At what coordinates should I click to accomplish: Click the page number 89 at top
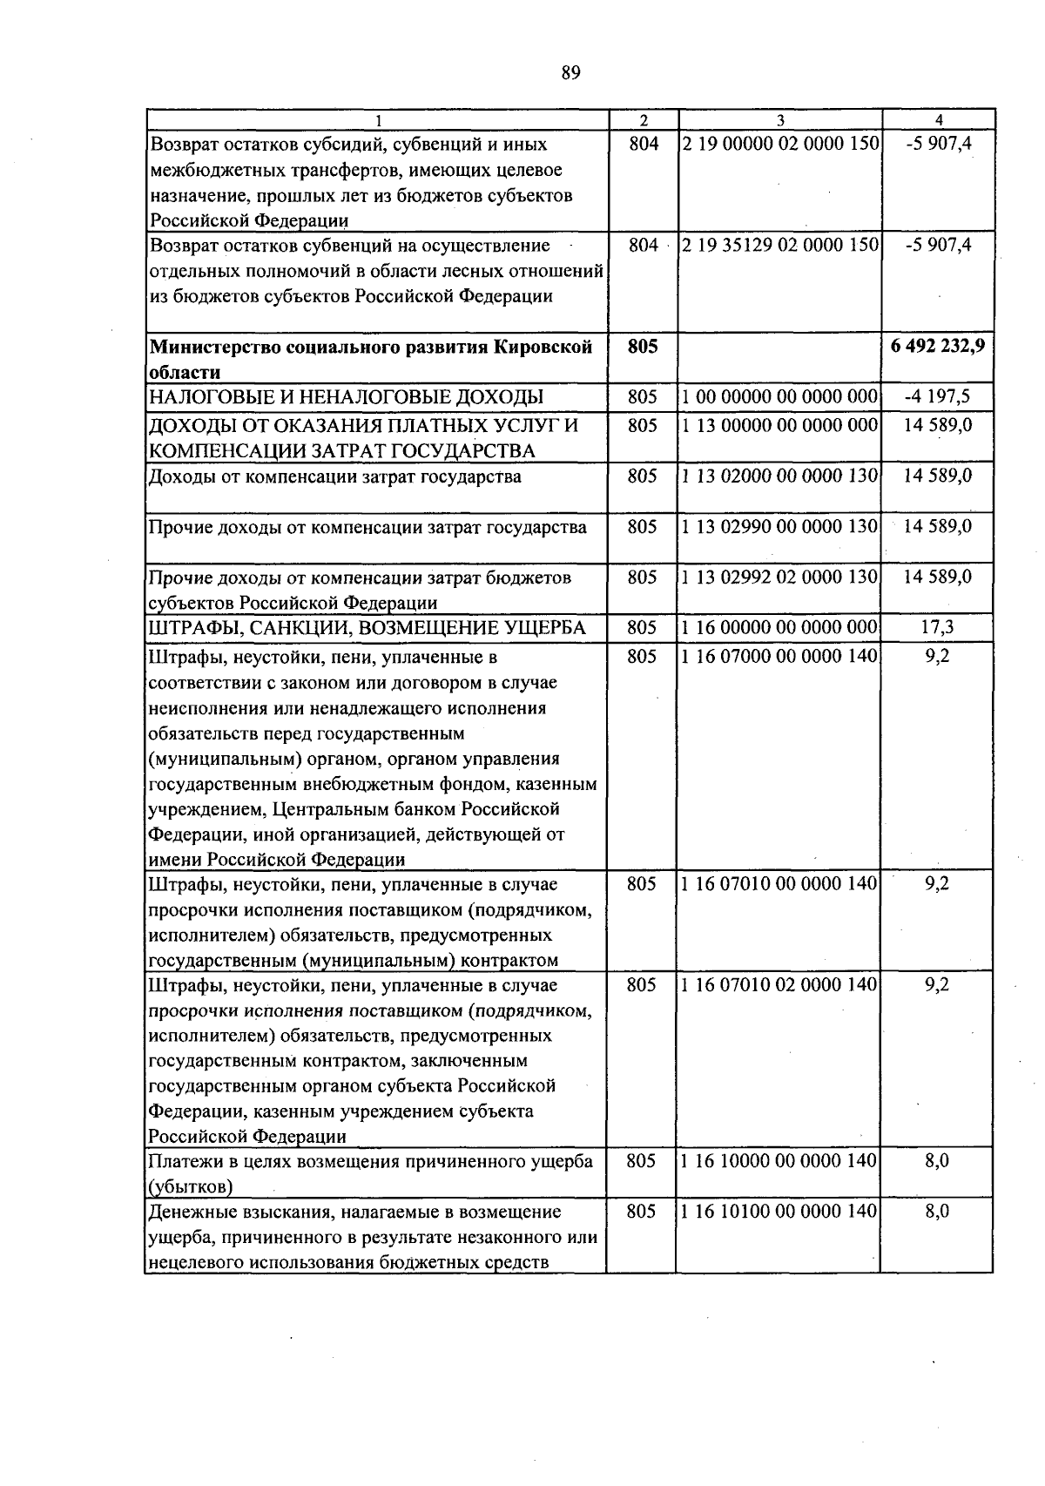point(570,73)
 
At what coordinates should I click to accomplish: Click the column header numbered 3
point(780,121)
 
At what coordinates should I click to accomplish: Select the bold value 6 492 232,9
point(938,346)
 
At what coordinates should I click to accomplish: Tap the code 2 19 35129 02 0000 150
point(780,246)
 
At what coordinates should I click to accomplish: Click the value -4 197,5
point(937,397)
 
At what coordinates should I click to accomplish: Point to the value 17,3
point(937,627)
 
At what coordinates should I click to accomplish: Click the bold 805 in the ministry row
point(643,346)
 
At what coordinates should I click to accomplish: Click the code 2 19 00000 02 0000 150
point(780,144)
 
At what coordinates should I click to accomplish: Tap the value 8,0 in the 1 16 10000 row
point(937,1161)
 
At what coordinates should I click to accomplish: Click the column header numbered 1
point(377,121)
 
